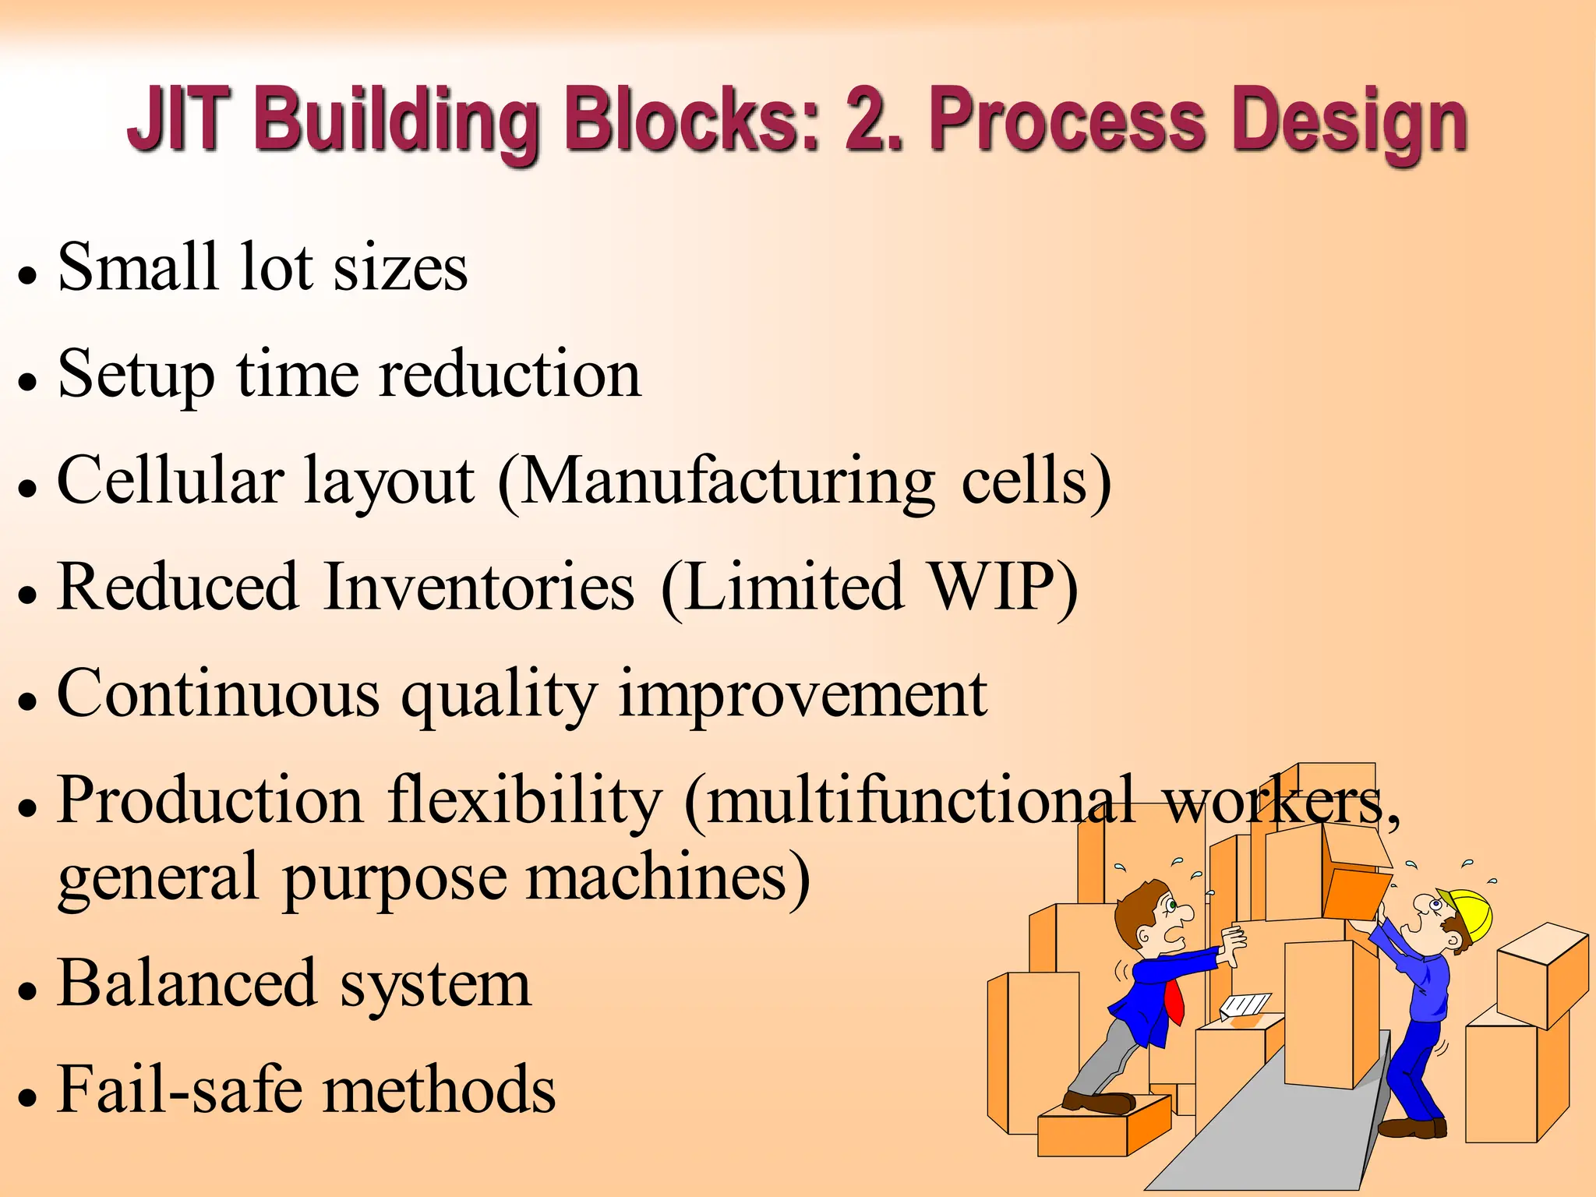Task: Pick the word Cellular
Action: pyautogui.click(x=170, y=481)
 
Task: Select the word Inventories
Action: pyautogui.click(x=478, y=587)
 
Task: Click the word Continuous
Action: pyautogui.click(x=218, y=694)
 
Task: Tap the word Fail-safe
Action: pyautogui.click(x=179, y=1089)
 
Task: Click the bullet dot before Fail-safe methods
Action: pyautogui.click(x=28, y=1099)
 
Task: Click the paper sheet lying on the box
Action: pyautogui.click(x=1245, y=1005)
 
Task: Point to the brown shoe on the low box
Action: pyautogui.click(x=1099, y=1102)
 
